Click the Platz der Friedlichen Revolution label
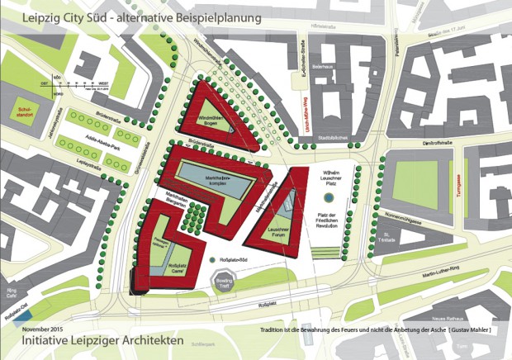pos(334,222)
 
